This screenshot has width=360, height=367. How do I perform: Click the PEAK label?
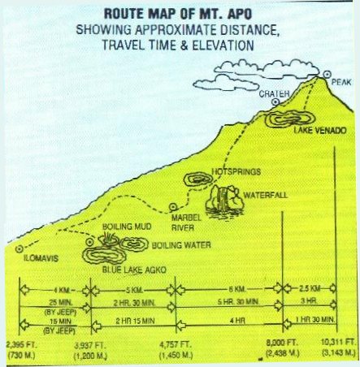(341, 82)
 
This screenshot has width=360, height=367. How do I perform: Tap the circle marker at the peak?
(327, 74)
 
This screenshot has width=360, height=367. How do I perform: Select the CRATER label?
(274, 93)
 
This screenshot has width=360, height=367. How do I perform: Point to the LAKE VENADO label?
(320, 131)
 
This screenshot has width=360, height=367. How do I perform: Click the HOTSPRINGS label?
(236, 172)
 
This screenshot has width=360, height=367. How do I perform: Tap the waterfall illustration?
(223, 200)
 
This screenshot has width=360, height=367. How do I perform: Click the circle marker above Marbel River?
(173, 208)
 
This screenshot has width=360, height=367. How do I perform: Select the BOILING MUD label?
(127, 227)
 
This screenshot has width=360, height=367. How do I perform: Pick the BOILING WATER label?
(181, 245)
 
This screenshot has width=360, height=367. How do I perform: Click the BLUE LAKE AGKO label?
(134, 270)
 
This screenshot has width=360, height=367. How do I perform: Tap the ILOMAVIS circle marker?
(20, 249)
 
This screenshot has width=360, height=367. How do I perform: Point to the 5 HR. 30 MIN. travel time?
(238, 302)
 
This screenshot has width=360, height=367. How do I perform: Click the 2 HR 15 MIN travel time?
(135, 321)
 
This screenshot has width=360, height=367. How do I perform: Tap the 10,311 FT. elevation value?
(338, 342)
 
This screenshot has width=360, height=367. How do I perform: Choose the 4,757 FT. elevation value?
(176, 344)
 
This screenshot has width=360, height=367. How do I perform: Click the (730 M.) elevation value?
(22, 355)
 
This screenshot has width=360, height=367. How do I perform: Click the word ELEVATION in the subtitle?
(223, 45)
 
